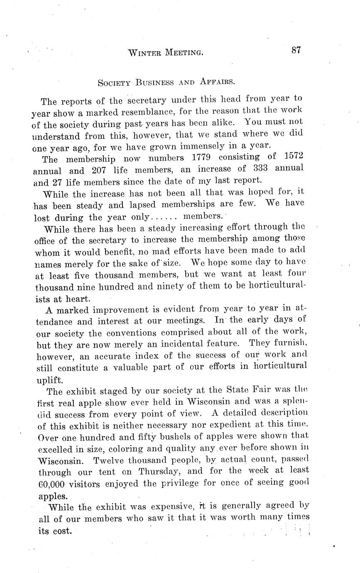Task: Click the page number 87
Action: point(296,50)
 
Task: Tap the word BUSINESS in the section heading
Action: point(154,82)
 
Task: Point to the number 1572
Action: point(293,156)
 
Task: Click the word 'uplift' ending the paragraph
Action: point(50,380)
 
